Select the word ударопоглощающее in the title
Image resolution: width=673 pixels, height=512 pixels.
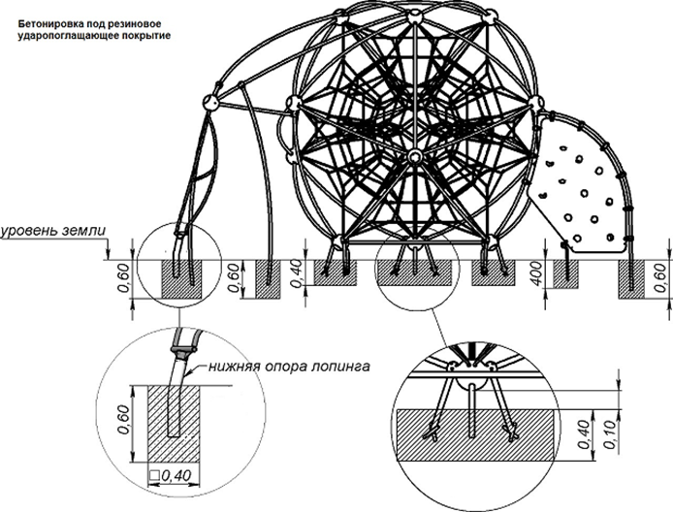(x=56, y=33)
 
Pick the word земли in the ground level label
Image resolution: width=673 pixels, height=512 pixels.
(x=85, y=232)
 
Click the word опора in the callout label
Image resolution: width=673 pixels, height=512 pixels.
(x=282, y=366)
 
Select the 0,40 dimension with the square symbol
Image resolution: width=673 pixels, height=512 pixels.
(x=172, y=474)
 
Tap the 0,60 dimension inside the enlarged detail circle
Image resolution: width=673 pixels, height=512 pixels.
(x=122, y=417)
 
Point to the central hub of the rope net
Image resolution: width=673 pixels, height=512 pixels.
(x=414, y=158)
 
